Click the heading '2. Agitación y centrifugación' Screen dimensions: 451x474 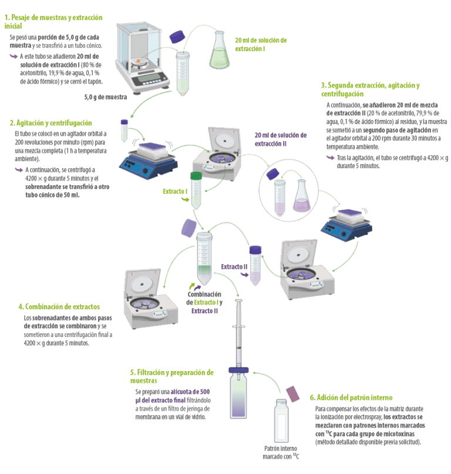point(51,123)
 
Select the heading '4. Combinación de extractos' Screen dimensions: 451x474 point(59,306)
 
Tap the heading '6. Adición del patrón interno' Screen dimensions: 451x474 point(351,398)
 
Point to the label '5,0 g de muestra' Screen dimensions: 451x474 point(105,97)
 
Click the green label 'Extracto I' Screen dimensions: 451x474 point(175,191)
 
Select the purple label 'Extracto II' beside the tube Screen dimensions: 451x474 point(234,266)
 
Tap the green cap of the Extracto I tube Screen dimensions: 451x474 point(196,176)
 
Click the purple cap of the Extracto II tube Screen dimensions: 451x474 point(255,250)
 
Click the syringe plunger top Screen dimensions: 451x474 point(238,301)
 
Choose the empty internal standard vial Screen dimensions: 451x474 point(281,421)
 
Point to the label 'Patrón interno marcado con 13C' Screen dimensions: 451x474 point(281,452)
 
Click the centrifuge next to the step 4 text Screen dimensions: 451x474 point(150,299)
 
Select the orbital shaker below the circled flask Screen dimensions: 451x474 point(346,224)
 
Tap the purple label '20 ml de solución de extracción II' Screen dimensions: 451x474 point(281,139)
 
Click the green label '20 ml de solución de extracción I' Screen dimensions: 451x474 point(261,45)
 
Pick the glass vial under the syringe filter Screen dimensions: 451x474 point(238,395)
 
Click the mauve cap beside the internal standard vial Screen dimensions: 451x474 point(292,394)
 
